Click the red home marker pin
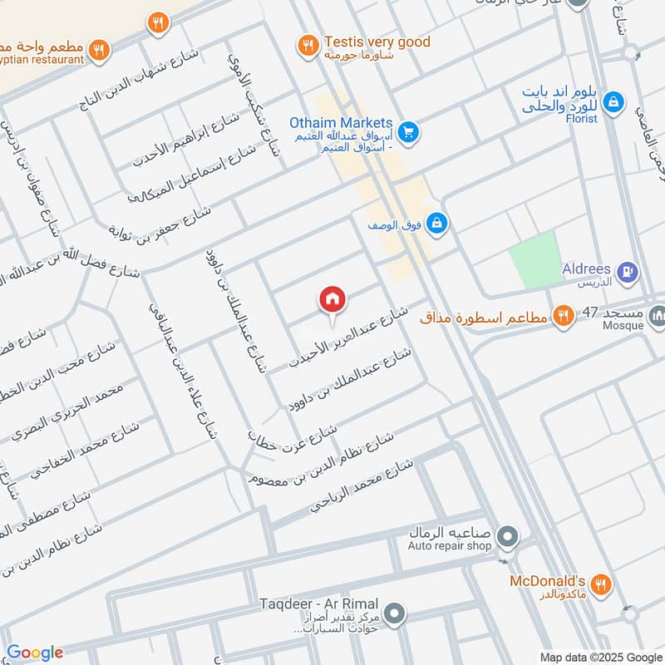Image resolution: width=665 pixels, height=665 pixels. tap(332, 301)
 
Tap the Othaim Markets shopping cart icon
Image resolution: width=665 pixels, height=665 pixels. tap(407, 131)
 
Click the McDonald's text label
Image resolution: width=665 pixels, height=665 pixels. tap(548, 580)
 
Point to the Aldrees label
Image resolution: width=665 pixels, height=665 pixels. tap(586, 269)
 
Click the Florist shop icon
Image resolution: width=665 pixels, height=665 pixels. tap(613, 101)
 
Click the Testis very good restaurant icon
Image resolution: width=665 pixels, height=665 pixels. tap(308, 44)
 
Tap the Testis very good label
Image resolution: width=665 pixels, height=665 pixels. tap(377, 42)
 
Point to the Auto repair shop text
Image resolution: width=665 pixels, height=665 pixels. tap(449, 546)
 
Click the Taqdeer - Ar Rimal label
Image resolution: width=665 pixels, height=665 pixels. tap(330, 603)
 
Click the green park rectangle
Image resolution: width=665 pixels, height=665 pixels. tap(533, 259)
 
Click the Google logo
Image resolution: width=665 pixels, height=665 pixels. tap(34, 653)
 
